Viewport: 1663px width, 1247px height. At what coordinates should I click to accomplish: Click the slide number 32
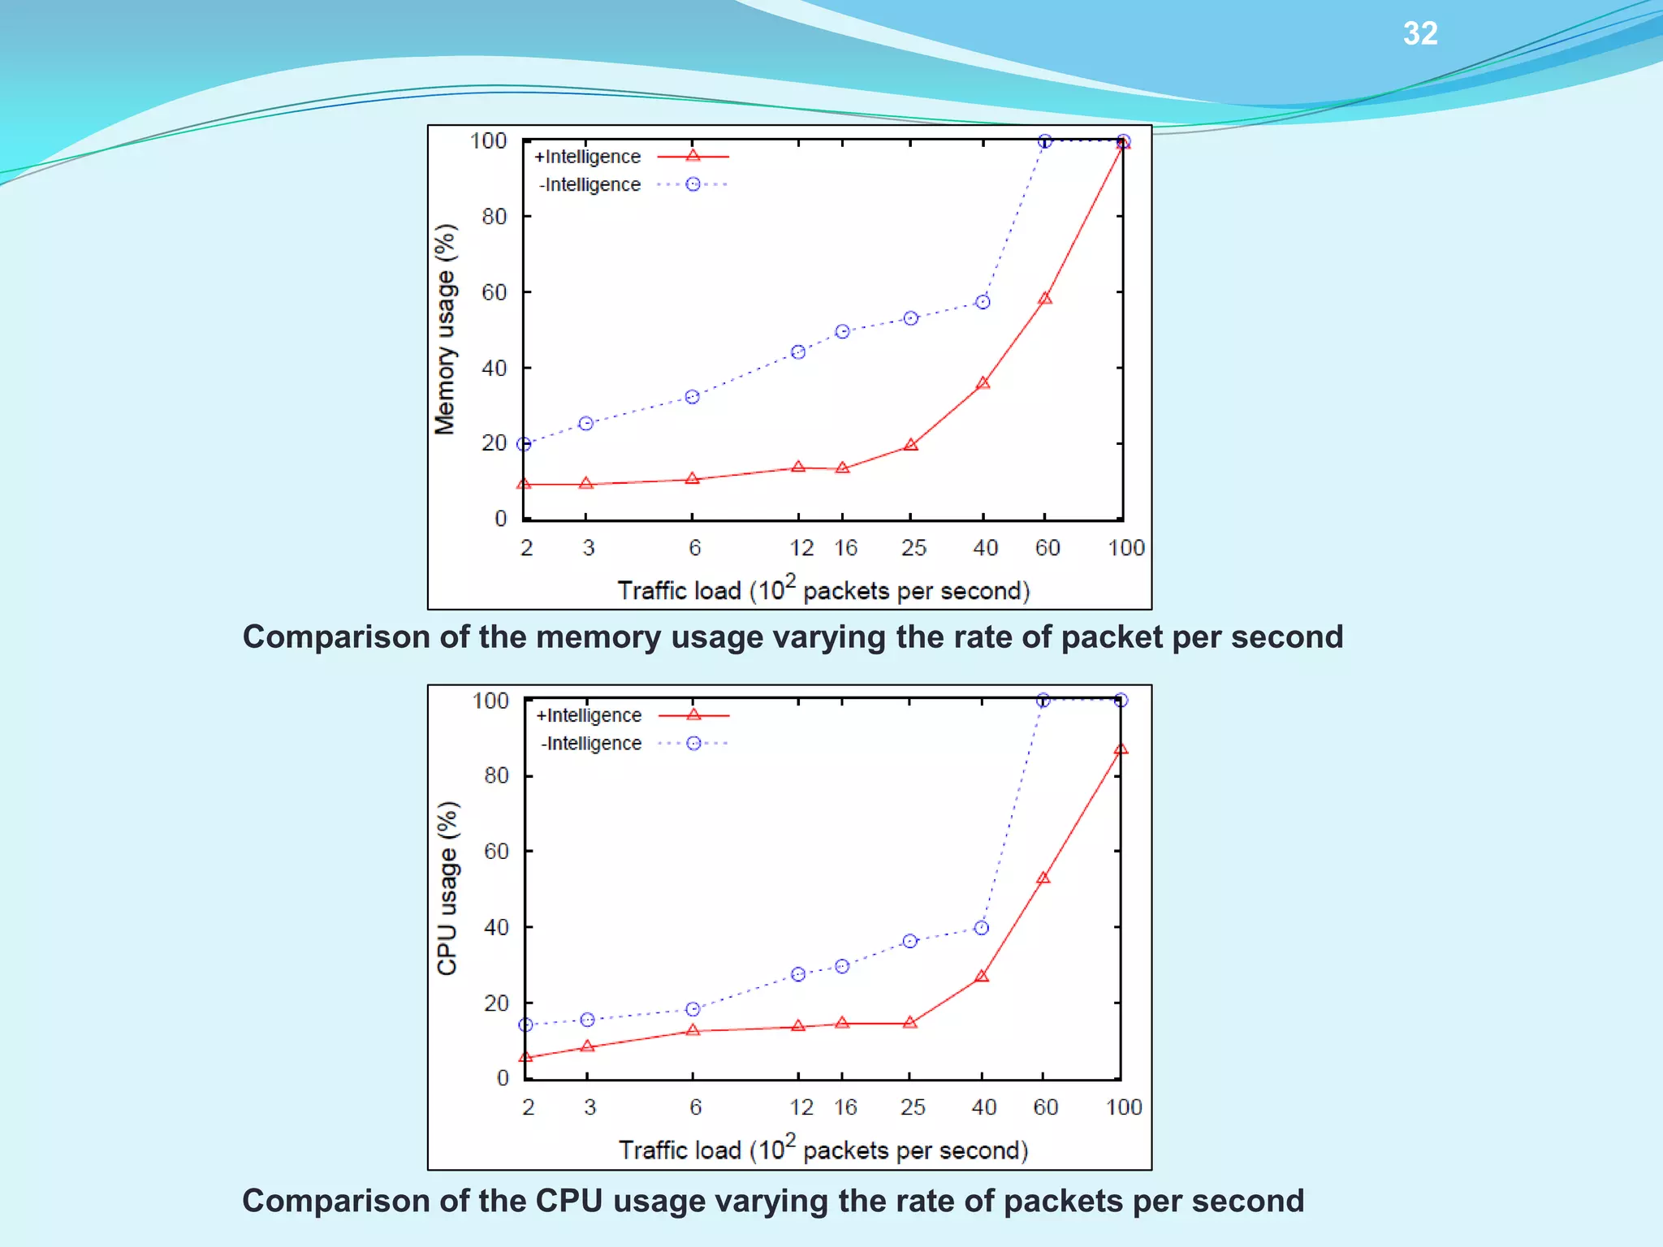click(x=1420, y=33)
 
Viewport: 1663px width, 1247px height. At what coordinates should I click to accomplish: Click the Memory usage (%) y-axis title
click(x=445, y=330)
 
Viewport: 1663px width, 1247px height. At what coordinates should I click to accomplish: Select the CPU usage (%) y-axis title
click(x=447, y=888)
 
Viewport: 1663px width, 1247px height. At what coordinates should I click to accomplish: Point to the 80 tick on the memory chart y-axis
click(x=494, y=217)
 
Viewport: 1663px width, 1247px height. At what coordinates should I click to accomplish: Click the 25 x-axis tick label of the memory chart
click(x=914, y=548)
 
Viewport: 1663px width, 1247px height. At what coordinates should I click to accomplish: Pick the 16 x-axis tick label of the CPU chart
click(x=845, y=1107)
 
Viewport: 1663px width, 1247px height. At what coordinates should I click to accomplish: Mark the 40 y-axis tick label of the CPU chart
click(x=496, y=927)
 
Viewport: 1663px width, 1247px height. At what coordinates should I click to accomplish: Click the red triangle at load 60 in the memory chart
click(x=1045, y=299)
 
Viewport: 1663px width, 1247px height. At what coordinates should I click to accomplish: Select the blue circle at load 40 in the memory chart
click(x=983, y=302)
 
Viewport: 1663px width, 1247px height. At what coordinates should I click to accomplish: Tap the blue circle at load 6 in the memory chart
click(x=692, y=397)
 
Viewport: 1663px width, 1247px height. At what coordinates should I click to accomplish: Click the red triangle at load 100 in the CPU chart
click(x=1121, y=749)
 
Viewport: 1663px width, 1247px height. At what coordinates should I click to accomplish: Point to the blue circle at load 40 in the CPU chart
click(x=981, y=928)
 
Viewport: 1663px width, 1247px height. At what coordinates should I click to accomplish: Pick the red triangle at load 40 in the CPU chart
click(x=982, y=976)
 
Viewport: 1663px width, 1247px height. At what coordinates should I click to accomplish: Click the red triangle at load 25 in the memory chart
click(x=911, y=445)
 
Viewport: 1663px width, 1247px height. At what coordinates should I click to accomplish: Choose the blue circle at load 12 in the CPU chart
click(x=798, y=974)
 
